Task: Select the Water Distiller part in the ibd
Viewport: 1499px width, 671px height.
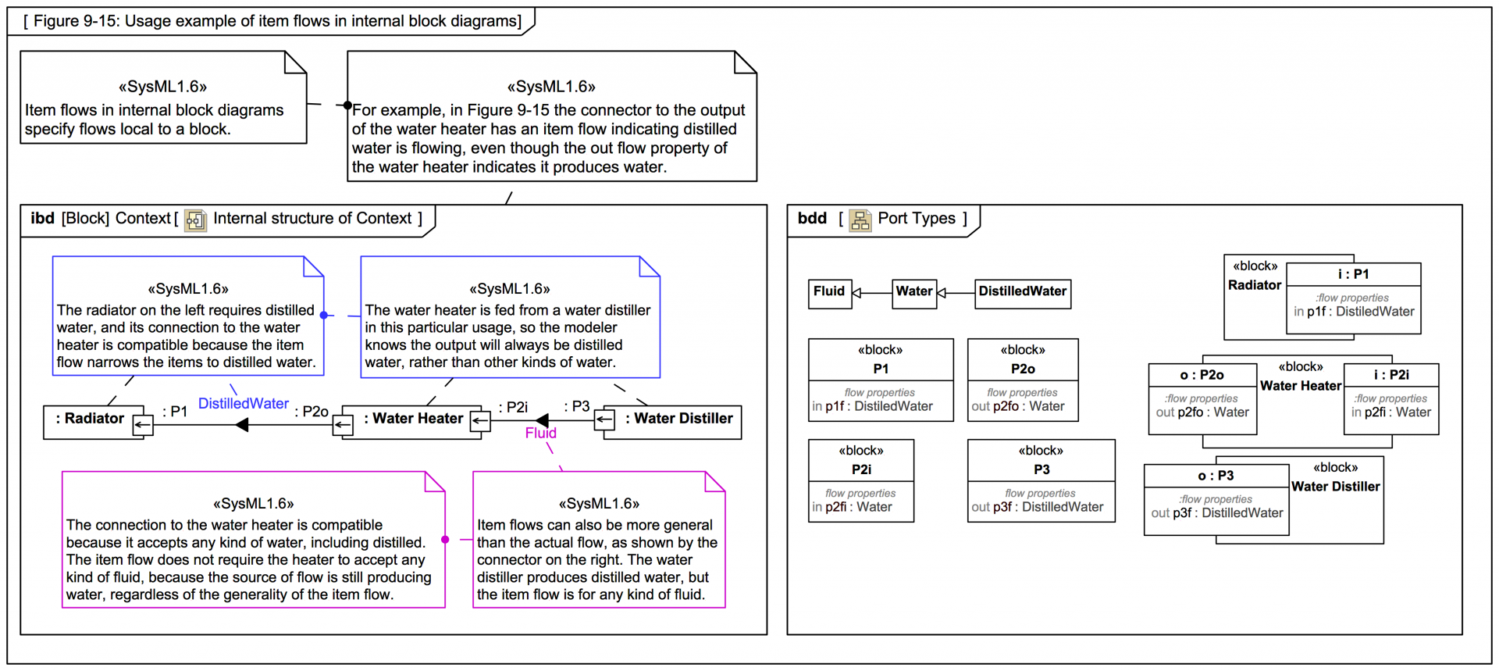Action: (x=678, y=419)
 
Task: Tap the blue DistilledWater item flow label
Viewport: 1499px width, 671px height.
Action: (x=243, y=404)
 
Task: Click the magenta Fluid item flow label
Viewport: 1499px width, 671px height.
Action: (x=540, y=434)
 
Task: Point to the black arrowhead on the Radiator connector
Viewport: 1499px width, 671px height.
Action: (x=242, y=425)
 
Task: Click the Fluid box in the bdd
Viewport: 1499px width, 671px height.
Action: (x=829, y=292)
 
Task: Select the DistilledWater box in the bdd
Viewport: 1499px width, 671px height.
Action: (x=1022, y=292)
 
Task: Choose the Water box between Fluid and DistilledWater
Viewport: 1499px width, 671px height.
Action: (x=913, y=292)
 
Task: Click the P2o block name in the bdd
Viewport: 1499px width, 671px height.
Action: (x=1022, y=369)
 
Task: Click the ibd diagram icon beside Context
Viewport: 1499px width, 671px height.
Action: (x=195, y=220)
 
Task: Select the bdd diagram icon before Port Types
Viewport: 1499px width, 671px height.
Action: (x=860, y=220)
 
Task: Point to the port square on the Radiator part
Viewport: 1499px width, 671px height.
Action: (x=143, y=425)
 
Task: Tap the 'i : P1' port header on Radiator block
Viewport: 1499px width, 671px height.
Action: (x=1353, y=274)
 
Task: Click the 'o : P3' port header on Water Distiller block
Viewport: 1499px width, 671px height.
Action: (x=1216, y=476)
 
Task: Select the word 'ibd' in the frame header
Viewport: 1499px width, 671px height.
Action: (x=42, y=219)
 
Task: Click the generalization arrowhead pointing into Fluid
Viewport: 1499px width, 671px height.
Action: (x=856, y=293)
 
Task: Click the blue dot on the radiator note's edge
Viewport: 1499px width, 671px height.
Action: (x=324, y=315)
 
